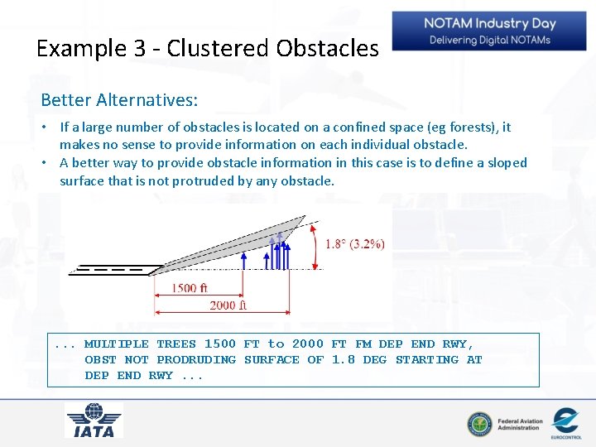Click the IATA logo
[94, 421]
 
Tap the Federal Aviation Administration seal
[478, 424]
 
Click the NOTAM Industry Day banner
[490, 31]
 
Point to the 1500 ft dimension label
[190, 288]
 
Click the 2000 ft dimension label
[228, 305]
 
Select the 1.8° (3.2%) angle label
[354, 243]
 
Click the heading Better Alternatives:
[119, 100]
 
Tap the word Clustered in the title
[219, 48]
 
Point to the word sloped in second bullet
[507, 162]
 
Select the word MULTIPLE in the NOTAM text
[117, 344]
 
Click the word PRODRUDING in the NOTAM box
[196, 359]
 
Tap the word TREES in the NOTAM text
[176, 344]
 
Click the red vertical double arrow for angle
[315, 244]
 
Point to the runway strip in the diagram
[115, 270]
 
